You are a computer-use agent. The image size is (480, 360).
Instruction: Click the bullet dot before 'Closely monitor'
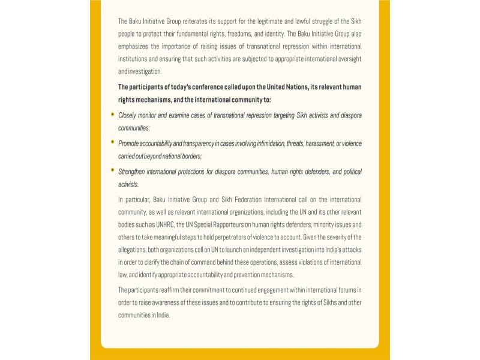[x=112, y=113]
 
